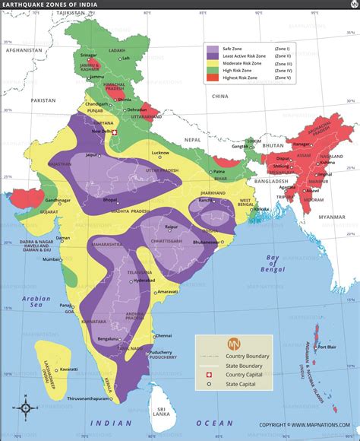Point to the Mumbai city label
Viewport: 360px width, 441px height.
pos(50,260)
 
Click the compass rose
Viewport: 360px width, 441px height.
pos(25,408)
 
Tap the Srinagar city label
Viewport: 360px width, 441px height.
pos(89,55)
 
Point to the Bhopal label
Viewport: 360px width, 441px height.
pos(110,179)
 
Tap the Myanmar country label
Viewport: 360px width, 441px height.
pos(331,195)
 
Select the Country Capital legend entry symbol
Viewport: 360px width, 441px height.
pos(210,376)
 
